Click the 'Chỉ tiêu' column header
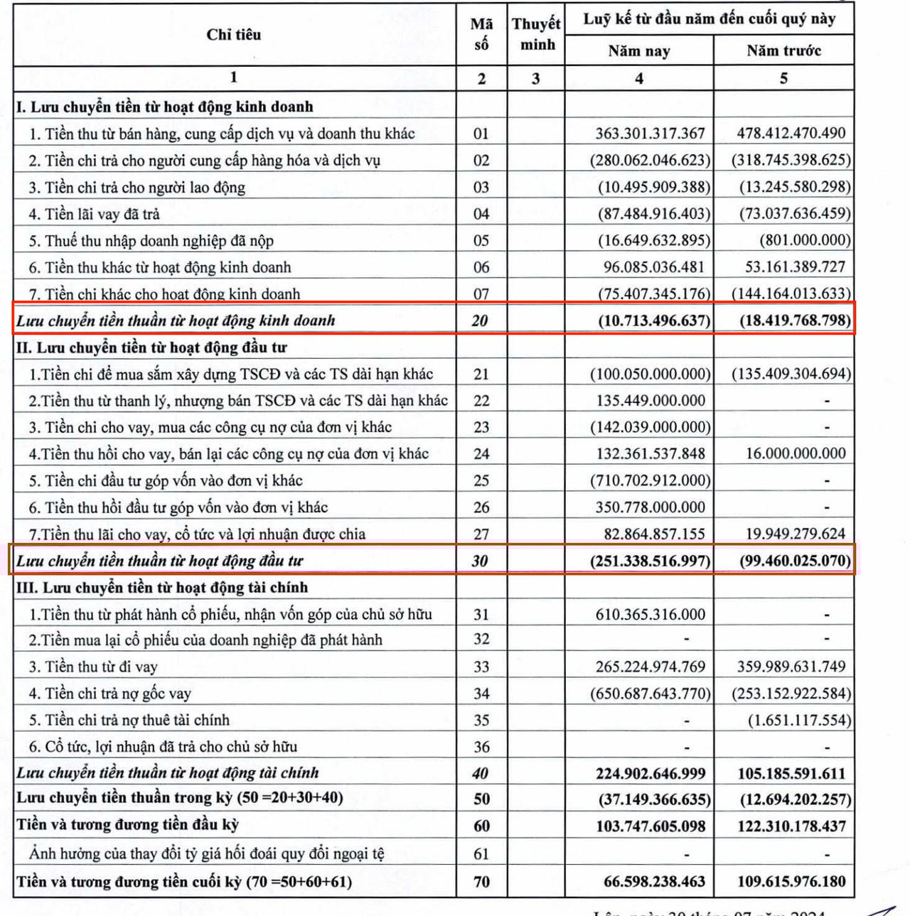tap(234, 35)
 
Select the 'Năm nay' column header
tap(638, 51)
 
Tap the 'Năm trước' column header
tap(783, 51)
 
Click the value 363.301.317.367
tap(650, 134)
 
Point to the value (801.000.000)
tap(805, 240)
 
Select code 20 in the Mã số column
tap(481, 320)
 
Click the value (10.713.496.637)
tap(653, 320)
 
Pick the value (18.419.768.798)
tap(795, 320)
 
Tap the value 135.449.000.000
tap(651, 401)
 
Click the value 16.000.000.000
tap(796, 453)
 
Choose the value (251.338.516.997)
tap(650, 561)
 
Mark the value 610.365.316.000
tap(651, 615)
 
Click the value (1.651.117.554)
tap(799, 721)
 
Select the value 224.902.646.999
tap(651, 774)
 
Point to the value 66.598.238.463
tap(654, 882)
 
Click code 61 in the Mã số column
tap(481, 854)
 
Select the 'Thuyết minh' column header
tap(536, 34)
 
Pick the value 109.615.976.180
tap(791, 882)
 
